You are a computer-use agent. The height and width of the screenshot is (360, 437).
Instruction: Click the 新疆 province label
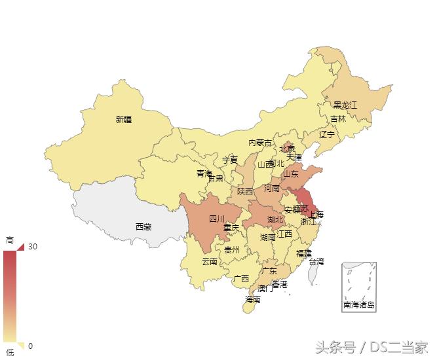click(x=124, y=119)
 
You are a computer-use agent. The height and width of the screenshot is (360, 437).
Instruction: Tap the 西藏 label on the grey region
click(x=143, y=227)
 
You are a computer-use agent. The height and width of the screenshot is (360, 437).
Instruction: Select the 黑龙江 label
click(x=345, y=105)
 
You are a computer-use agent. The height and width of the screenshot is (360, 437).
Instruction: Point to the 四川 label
click(x=217, y=219)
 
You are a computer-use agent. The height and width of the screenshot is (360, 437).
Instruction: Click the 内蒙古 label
click(x=260, y=143)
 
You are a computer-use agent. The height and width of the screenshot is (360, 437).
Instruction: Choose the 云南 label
click(x=210, y=262)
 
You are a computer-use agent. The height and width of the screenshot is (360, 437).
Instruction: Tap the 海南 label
click(x=253, y=300)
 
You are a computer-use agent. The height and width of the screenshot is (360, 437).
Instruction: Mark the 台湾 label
click(x=316, y=262)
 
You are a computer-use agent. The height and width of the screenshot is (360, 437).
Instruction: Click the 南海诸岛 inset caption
click(x=359, y=305)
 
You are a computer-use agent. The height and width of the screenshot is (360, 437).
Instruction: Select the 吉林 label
click(x=338, y=119)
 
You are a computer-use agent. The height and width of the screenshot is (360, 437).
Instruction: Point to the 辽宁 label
click(x=327, y=135)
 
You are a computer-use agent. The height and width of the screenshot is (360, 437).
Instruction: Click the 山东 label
click(x=290, y=174)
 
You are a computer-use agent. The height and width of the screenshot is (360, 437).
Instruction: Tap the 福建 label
click(x=304, y=253)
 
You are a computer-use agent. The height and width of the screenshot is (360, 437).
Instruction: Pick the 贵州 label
click(x=232, y=250)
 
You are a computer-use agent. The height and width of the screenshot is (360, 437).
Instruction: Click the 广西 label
click(x=241, y=278)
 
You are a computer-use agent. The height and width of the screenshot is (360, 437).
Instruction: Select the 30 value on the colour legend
click(x=33, y=247)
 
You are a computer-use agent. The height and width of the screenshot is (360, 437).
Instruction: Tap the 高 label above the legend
click(x=10, y=239)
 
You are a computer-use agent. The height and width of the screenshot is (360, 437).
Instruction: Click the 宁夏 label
click(x=230, y=160)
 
